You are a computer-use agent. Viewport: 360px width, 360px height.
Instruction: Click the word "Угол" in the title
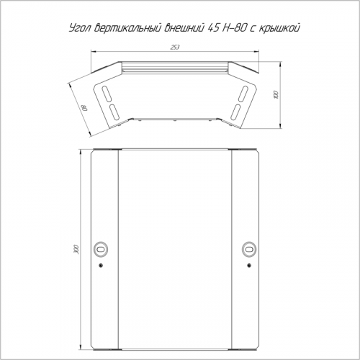(x=79, y=29)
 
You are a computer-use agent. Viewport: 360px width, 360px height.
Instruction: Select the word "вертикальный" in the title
(x=127, y=28)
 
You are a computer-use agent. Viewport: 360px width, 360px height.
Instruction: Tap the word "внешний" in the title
(x=184, y=28)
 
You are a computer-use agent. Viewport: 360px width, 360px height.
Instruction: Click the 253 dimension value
(x=175, y=48)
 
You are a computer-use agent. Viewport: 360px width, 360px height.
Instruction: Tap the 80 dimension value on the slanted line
(x=85, y=107)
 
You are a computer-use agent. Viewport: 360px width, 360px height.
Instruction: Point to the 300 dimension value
(x=76, y=249)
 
